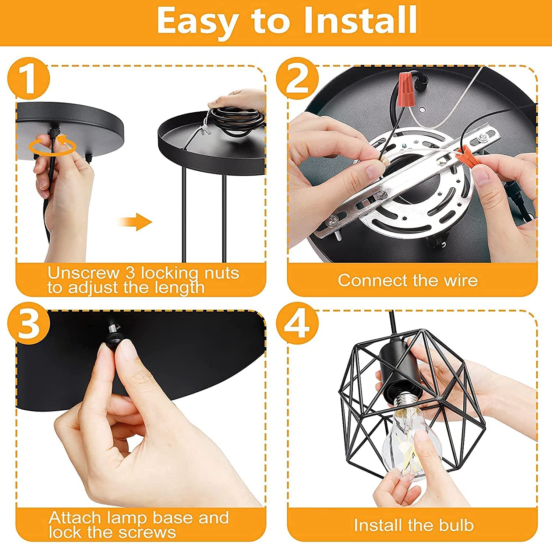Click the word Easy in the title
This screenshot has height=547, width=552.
click(x=197, y=21)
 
